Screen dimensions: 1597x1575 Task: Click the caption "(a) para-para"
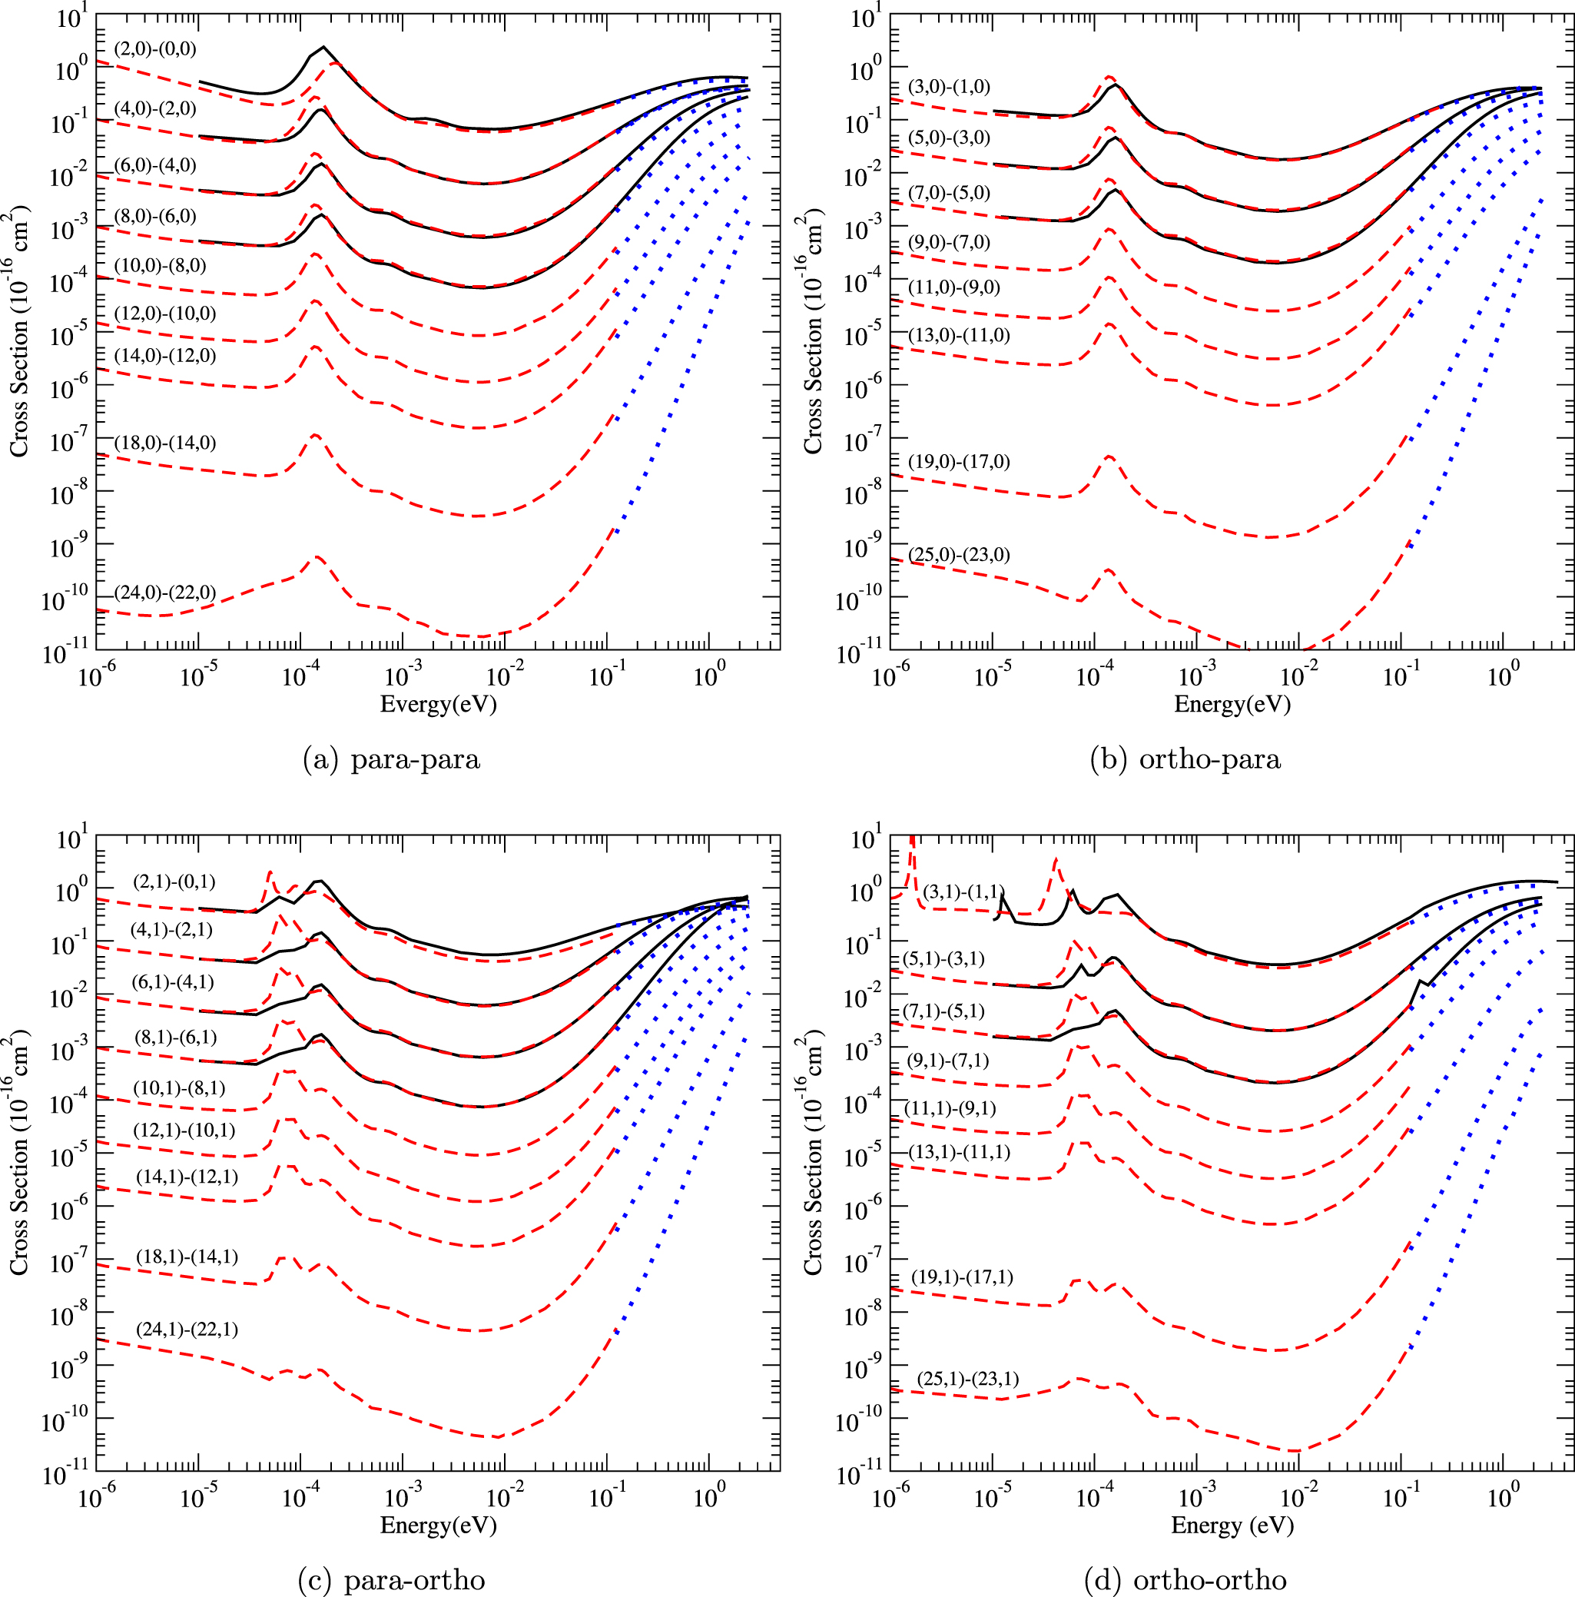point(391,759)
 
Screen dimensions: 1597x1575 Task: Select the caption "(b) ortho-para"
point(1185,759)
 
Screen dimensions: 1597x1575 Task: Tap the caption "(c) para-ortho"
point(391,1580)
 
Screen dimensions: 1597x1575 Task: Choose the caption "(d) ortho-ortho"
point(1185,1580)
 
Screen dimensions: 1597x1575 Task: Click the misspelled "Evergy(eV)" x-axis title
point(438,704)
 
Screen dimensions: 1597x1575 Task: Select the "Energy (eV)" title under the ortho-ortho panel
point(1232,1525)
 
